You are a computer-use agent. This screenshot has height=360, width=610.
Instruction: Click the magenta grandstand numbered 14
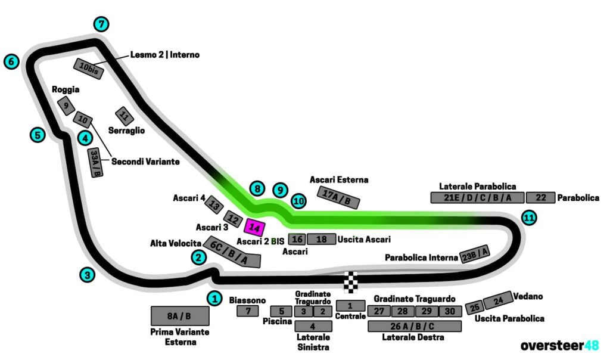[254, 228]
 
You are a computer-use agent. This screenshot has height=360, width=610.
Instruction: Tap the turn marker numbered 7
[102, 24]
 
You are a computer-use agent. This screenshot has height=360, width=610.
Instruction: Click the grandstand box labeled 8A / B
[180, 316]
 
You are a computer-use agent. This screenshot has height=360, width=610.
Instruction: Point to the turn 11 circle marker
[528, 218]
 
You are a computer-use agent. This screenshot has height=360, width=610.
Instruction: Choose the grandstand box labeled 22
[540, 198]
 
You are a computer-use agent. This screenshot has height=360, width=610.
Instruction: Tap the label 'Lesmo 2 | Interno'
[165, 55]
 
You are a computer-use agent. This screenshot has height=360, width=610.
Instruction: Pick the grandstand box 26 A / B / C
[415, 326]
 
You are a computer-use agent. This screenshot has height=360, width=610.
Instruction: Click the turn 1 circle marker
[214, 298]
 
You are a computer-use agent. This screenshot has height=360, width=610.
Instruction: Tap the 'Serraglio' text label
[126, 130]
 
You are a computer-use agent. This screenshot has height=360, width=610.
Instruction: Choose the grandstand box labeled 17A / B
[340, 198]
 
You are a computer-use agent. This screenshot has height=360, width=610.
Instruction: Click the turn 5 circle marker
[38, 135]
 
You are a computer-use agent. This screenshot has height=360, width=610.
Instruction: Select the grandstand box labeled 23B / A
[475, 255]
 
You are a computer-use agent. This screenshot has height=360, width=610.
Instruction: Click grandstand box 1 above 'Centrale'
[350, 305]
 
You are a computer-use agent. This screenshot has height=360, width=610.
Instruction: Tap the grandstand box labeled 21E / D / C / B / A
[477, 198]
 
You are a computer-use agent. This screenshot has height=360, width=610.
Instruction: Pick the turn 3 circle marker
[88, 275]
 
